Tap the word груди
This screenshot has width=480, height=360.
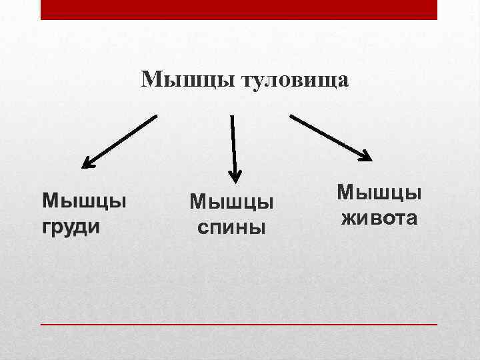coord(71,226)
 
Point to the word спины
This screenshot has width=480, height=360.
coord(231,227)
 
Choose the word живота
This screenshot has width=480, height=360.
coord(379,217)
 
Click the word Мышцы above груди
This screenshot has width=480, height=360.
coord(85,199)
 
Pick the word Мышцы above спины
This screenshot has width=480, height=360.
coord(231,201)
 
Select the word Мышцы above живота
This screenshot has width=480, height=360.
coord(379,192)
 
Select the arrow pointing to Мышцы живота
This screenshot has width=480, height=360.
coord(331,137)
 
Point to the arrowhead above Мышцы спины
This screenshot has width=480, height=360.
coord(235,176)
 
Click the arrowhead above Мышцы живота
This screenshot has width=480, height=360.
coord(365,156)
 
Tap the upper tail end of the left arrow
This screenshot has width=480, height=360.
coord(155,117)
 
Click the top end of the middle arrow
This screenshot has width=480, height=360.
coord(232,117)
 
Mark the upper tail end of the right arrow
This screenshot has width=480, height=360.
coord(292,116)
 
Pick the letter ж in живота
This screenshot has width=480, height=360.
coord(349,218)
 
